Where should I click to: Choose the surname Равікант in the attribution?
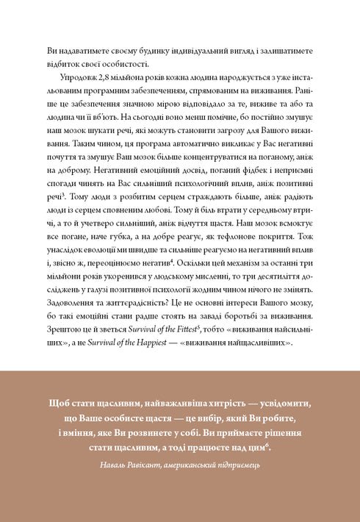[147, 465]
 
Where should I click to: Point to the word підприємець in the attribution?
[238, 465]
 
